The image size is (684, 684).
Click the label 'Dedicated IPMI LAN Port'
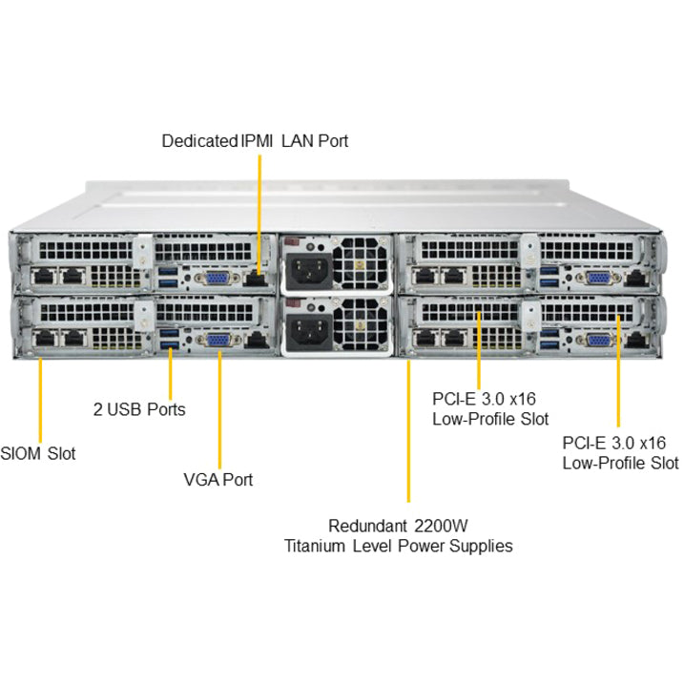[x=255, y=141]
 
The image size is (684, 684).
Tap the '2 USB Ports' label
[x=139, y=409]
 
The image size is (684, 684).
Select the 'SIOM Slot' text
[x=38, y=453]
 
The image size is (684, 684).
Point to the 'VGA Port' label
[x=218, y=480]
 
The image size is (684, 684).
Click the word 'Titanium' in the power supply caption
[x=314, y=546]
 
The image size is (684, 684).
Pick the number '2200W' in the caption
[x=441, y=526]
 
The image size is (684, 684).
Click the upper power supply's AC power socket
[x=309, y=270]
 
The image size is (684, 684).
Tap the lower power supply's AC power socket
[x=309, y=330]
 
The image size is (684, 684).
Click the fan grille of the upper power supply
[x=361, y=263]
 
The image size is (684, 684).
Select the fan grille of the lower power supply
[x=361, y=323]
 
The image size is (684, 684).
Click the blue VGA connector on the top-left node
[x=217, y=278]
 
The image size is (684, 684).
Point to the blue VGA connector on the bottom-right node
[x=599, y=341]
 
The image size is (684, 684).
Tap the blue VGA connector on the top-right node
[x=599, y=278]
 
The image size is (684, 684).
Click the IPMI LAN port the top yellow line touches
[x=256, y=278]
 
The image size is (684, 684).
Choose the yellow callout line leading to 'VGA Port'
[x=219, y=409]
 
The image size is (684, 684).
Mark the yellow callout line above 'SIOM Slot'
[x=40, y=401]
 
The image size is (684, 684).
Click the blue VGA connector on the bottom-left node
[x=219, y=341]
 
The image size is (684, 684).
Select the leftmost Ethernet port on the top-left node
[x=44, y=277]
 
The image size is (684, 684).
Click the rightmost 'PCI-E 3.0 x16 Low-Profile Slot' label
[x=620, y=453]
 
